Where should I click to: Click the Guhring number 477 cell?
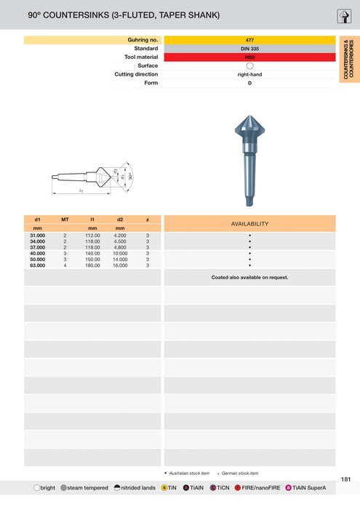point(249,40)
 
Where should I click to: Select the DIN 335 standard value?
point(249,49)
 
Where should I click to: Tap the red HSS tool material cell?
point(249,57)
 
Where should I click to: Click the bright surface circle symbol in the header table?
point(249,66)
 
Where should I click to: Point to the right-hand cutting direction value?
point(249,74)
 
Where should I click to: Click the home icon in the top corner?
point(345,17)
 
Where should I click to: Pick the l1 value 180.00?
point(92,265)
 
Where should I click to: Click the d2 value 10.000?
point(120,254)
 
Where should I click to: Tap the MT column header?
point(65,219)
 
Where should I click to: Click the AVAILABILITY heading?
point(249,224)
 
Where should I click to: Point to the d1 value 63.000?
point(37,265)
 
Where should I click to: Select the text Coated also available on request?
point(249,277)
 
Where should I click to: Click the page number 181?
point(345,479)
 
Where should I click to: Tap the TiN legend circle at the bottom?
point(164,488)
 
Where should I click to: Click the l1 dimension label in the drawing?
point(81,191)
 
